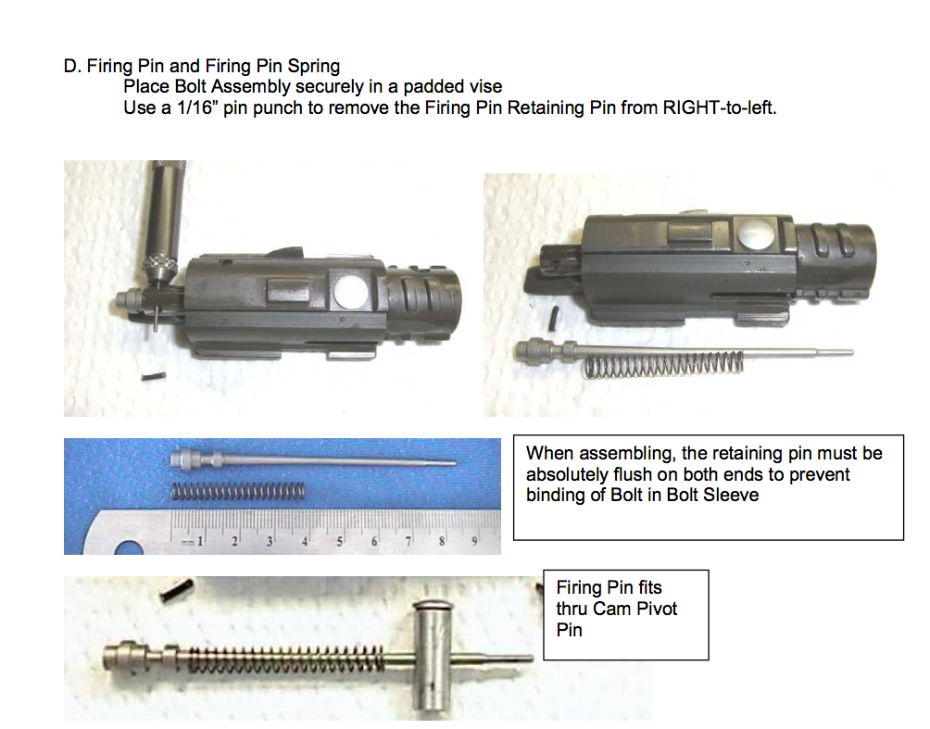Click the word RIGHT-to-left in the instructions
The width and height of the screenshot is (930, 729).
coord(720,108)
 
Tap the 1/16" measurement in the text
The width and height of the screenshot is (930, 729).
coord(195,108)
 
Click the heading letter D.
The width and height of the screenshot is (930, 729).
coord(72,66)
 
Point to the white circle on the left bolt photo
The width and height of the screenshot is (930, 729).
coord(350,292)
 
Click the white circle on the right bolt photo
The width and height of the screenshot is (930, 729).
coord(757,233)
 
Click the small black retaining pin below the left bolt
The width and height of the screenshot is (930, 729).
coord(154,375)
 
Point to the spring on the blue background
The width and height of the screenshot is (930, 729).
coord(238,491)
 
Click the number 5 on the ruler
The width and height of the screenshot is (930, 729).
coord(340,541)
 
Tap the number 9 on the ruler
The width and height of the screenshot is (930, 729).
coord(475,541)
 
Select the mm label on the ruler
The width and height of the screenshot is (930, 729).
coord(187,542)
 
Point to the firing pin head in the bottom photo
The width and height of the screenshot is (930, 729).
coord(123,655)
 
